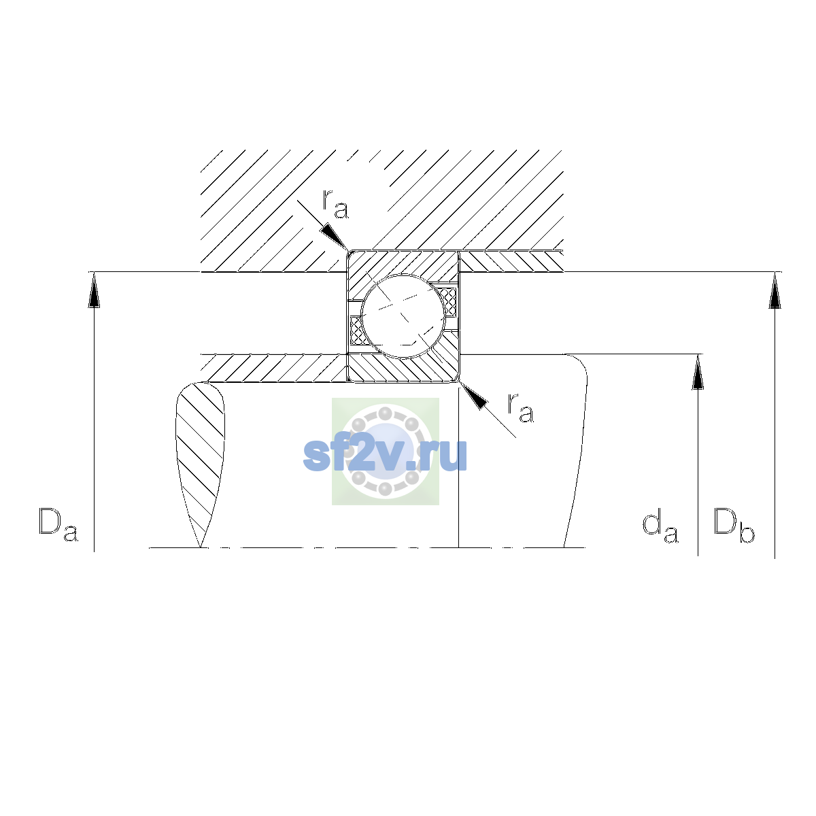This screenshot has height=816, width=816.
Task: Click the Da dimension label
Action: pyautogui.click(x=58, y=525)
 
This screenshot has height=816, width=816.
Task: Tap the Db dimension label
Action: pyautogui.click(x=734, y=525)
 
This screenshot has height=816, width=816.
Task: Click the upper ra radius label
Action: pyautogui.click(x=336, y=204)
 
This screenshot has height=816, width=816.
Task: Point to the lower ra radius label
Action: pyautogui.click(x=521, y=407)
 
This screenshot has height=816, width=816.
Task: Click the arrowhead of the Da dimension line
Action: pyautogui.click(x=94, y=290)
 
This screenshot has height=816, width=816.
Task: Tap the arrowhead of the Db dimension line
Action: pyautogui.click(x=775, y=290)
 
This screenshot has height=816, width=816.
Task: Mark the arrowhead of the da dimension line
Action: pyautogui.click(x=698, y=372)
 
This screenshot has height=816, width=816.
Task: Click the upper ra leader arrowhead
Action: pyautogui.click(x=334, y=236)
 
